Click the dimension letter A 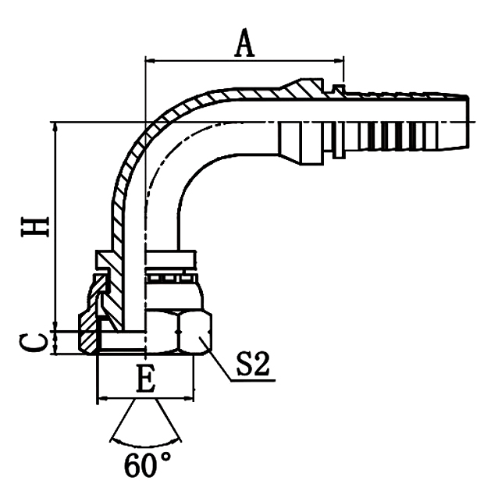(245, 44)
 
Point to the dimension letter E (144, 379)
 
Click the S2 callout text (256, 365)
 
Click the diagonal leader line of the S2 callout (219, 361)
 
